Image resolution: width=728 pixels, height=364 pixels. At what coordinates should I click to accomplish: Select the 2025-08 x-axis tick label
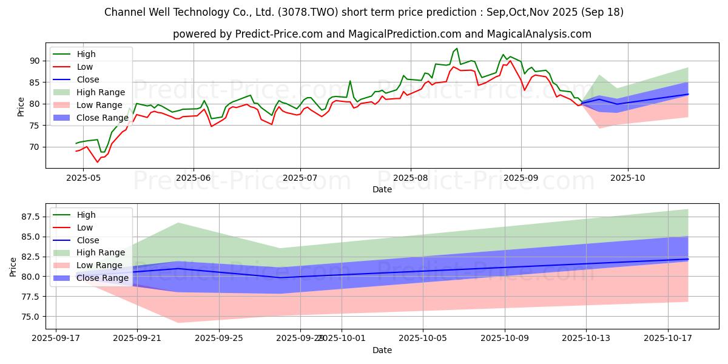[x=410, y=178]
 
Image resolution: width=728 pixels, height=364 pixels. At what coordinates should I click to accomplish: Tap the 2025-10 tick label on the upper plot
[x=627, y=178]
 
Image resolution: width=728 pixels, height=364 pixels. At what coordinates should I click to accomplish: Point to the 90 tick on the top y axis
[x=35, y=61]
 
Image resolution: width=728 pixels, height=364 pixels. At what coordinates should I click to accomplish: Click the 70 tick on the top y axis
[x=35, y=147]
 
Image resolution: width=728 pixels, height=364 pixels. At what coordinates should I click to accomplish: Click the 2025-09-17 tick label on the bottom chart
[x=56, y=339]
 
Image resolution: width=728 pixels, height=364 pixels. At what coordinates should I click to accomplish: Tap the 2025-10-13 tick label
[x=586, y=339]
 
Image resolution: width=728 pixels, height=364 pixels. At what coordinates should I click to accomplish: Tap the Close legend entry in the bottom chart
[x=88, y=240]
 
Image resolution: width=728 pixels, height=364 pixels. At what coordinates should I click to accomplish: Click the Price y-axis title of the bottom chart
[x=13, y=267]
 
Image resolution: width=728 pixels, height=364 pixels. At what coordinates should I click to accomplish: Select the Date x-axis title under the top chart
[x=382, y=189]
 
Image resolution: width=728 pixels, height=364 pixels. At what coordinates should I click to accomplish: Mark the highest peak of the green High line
[x=457, y=49]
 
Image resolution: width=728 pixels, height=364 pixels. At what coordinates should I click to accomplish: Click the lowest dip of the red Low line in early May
[x=97, y=162]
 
